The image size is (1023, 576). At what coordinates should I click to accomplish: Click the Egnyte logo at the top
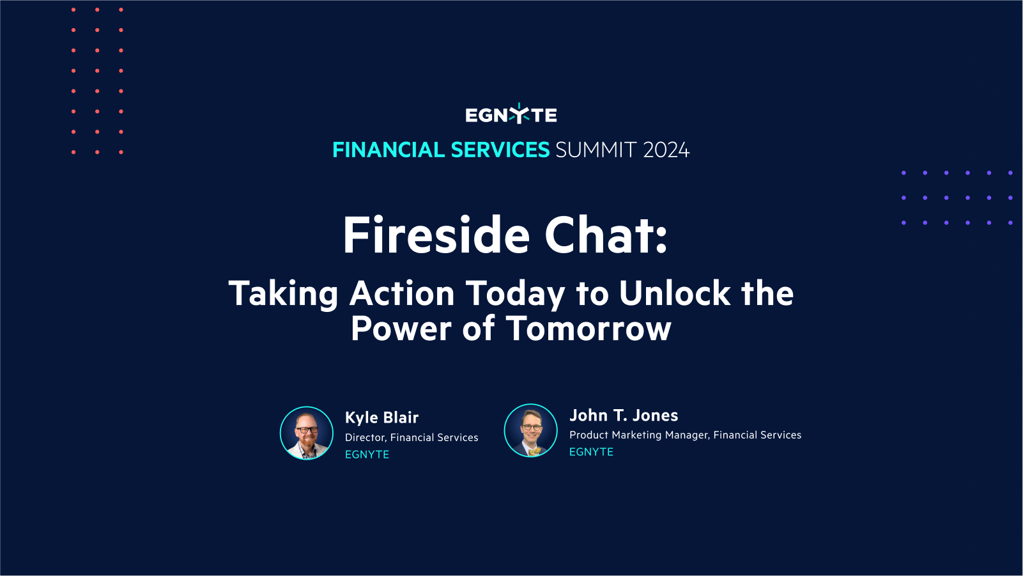pyautogui.click(x=511, y=114)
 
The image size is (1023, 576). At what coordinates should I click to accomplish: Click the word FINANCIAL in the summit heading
pyautogui.click(x=388, y=150)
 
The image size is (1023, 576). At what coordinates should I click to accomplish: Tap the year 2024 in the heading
pyautogui.click(x=666, y=150)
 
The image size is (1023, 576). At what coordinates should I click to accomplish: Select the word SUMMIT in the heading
pyautogui.click(x=596, y=150)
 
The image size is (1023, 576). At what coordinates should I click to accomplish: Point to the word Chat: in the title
pyautogui.click(x=606, y=235)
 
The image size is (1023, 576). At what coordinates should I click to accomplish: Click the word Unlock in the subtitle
pyautogui.click(x=674, y=293)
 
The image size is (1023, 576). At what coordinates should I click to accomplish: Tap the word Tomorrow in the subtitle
pyautogui.click(x=588, y=329)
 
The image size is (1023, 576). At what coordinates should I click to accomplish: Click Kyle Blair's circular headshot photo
pyautogui.click(x=307, y=433)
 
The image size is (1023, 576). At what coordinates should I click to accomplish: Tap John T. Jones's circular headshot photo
pyautogui.click(x=531, y=430)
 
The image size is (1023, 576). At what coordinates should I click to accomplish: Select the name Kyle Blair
pyautogui.click(x=381, y=417)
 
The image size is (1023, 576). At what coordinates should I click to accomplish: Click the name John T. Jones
pyautogui.click(x=624, y=416)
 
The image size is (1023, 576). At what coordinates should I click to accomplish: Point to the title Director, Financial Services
pyautogui.click(x=412, y=437)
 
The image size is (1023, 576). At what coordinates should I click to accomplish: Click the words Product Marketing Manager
pyautogui.click(x=638, y=435)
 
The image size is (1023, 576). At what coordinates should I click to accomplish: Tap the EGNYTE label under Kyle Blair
pyautogui.click(x=367, y=455)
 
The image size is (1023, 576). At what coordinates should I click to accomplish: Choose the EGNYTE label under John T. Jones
pyautogui.click(x=591, y=452)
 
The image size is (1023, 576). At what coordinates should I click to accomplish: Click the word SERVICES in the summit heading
pyautogui.click(x=500, y=150)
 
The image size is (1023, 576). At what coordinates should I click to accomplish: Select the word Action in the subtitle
pyautogui.click(x=402, y=293)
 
